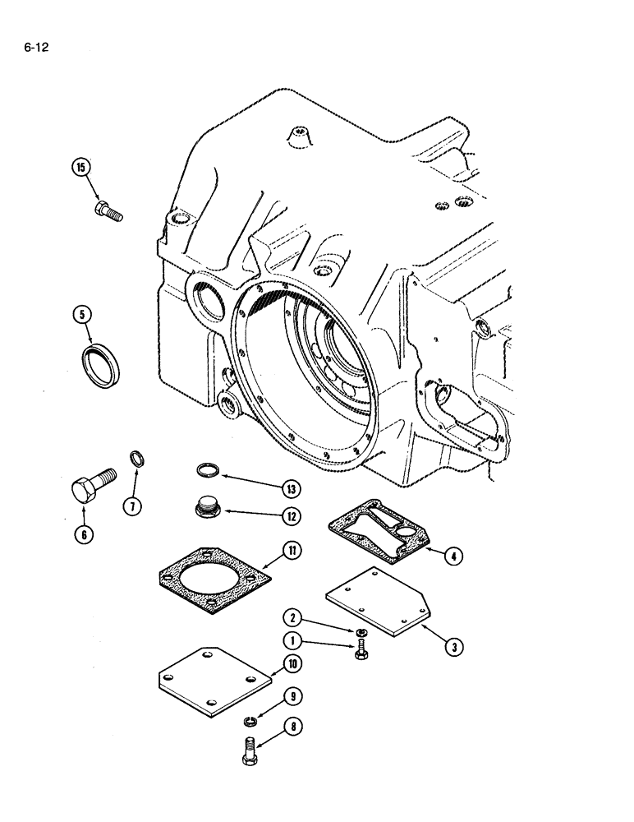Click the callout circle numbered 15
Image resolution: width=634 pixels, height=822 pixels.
click(80, 169)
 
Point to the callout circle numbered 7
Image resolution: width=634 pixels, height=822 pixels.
click(131, 506)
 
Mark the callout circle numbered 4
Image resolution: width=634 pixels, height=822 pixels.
click(452, 556)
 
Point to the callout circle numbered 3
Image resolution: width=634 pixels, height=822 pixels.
click(451, 645)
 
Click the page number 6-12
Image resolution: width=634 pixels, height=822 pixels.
click(37, 48)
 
